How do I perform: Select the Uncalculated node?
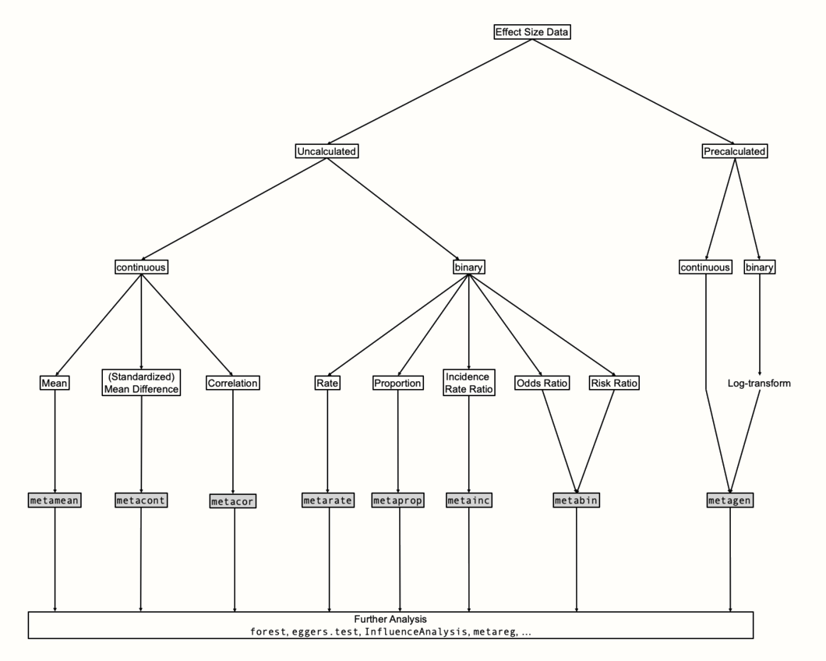[x=327, y=151]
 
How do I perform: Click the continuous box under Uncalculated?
[x=142, y=267]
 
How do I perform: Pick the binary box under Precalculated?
[x=760, y=267]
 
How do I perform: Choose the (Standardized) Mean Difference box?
[x=141, y=383]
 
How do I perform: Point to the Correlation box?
[x=233, y=383]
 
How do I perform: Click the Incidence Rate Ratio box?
[x=468, y=383]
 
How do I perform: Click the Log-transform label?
[x=760, y=383]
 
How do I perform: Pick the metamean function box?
[x=55, y=500]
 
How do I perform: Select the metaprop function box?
[x=399, y=500]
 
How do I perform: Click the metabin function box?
[x=577, y=500]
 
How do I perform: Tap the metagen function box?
[x=730, y=500]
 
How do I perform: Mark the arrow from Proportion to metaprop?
[x=399, y=440]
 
